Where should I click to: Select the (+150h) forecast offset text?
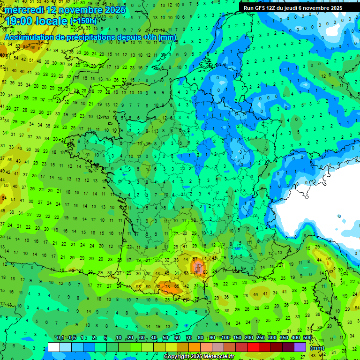pos(83,21)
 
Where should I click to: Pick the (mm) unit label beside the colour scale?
pos(317,347)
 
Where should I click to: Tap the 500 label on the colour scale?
pos(307,337)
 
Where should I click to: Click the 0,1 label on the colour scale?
pos(60,337)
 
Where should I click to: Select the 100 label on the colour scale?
pos(225,337)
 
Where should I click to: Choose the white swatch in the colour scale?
pos(54,347)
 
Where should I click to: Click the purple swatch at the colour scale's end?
pos(300,347)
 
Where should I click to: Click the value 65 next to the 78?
pos(176,286)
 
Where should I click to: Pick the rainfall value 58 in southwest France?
pos(138,286)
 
